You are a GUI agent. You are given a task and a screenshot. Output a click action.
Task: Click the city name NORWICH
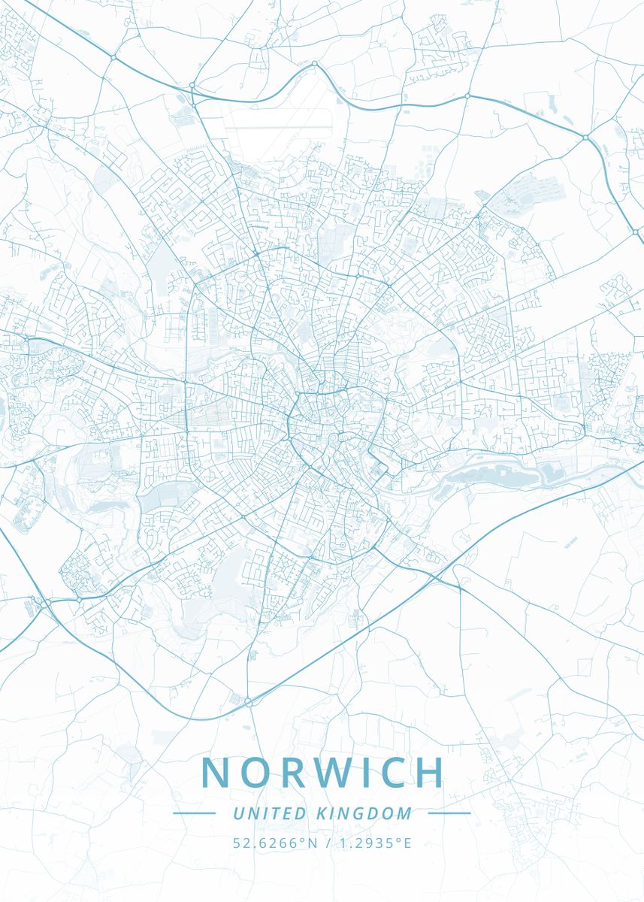[x=323, y=773]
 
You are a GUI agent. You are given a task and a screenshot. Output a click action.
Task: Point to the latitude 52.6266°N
[x=276, y=843]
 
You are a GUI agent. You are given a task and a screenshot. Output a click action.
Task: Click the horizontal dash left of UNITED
[x=194, y=813]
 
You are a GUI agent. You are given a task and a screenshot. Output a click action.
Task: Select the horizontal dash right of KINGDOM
[x=449, y=813]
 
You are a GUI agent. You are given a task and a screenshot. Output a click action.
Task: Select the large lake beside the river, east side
[x=481, y=474]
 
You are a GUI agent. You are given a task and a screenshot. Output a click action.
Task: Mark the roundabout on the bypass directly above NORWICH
[x=249, y=701]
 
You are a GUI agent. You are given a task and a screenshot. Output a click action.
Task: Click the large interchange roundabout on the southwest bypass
[x=45, y=602]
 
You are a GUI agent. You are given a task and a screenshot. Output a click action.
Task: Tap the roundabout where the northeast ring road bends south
[x=585, y=137]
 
